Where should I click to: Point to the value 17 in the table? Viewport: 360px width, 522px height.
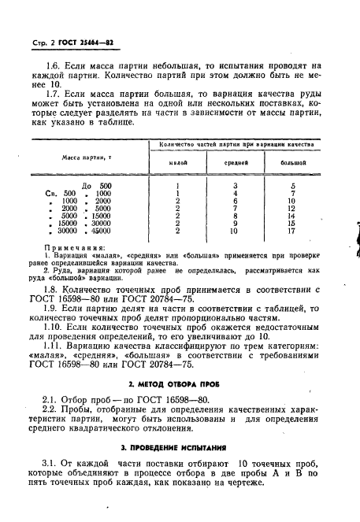[x=293, y=231]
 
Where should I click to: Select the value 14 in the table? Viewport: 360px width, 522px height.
[x=293, y=215]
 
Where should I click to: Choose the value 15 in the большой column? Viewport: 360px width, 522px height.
[x=293, y=223]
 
